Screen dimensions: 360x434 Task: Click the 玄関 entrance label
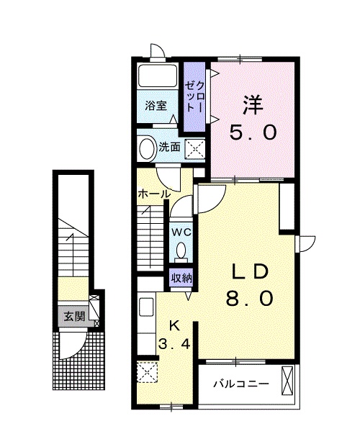(74, 316)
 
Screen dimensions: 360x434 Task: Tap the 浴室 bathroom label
(156, 106)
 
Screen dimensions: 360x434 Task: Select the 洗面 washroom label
(169, 147)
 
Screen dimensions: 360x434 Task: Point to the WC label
(181, 232)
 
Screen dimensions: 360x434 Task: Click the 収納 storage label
(181, 278)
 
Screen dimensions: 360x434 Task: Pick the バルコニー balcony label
(241, 384)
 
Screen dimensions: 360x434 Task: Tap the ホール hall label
(154, 194)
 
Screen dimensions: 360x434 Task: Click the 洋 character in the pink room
(253, 104)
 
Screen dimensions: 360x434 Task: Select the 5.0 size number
(253, 132)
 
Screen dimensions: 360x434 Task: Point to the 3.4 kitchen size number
(174, 344)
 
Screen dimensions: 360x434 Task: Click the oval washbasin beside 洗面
(147, 148)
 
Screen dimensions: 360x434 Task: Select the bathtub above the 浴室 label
(158, 75)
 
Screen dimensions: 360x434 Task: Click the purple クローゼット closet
(194, 96)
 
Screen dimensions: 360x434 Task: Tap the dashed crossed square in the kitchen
(147, 372)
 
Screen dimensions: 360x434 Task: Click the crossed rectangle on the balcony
(287, 381)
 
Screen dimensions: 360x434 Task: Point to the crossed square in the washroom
(195, 150)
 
